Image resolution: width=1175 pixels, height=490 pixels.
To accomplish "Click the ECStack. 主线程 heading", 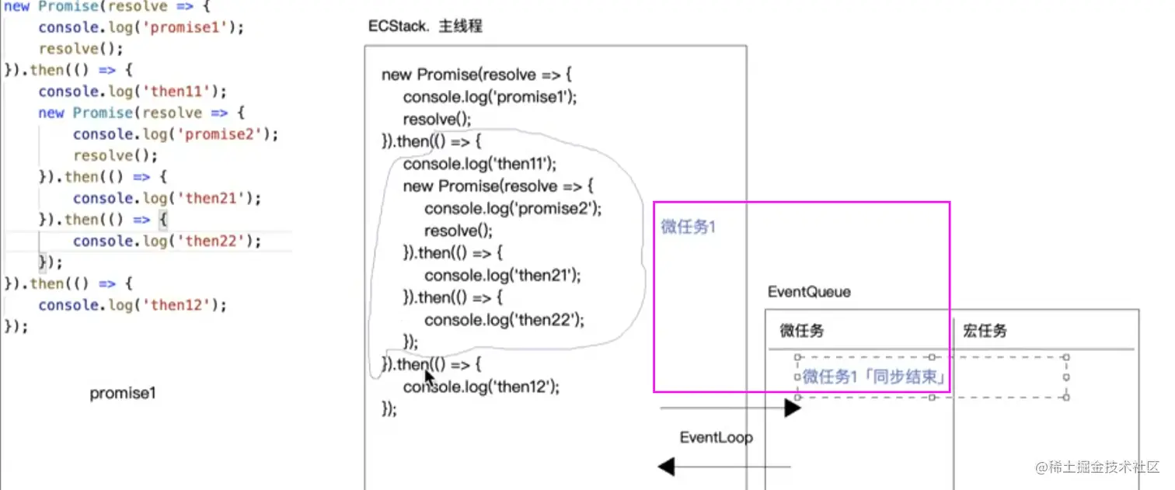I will click(425, 26).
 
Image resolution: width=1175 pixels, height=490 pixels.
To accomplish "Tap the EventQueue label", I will click(808, 292).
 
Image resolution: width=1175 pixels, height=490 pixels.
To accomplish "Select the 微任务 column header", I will click(802, 331).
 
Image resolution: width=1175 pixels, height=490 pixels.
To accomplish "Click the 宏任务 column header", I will click(985, 331).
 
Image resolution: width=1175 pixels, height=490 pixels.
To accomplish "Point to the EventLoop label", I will click(716, 437).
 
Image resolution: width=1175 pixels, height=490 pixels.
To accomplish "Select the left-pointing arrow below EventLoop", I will click(667, 467).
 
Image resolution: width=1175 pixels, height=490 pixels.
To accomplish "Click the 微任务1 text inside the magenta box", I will click(688, 227).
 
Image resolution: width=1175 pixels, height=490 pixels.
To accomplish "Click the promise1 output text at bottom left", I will click(123, 393).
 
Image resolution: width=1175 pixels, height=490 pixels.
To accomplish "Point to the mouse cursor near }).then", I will click(429, 378).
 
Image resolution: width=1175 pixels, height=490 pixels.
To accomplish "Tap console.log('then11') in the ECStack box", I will click(480, 164).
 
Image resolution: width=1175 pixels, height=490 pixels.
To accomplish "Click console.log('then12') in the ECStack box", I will click(481, 387).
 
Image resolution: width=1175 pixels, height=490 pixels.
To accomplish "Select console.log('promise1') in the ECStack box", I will click(490, 97).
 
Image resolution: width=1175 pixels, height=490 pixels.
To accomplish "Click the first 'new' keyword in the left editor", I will click(17, 7).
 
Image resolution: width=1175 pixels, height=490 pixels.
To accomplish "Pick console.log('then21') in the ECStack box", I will click(503, 275).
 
